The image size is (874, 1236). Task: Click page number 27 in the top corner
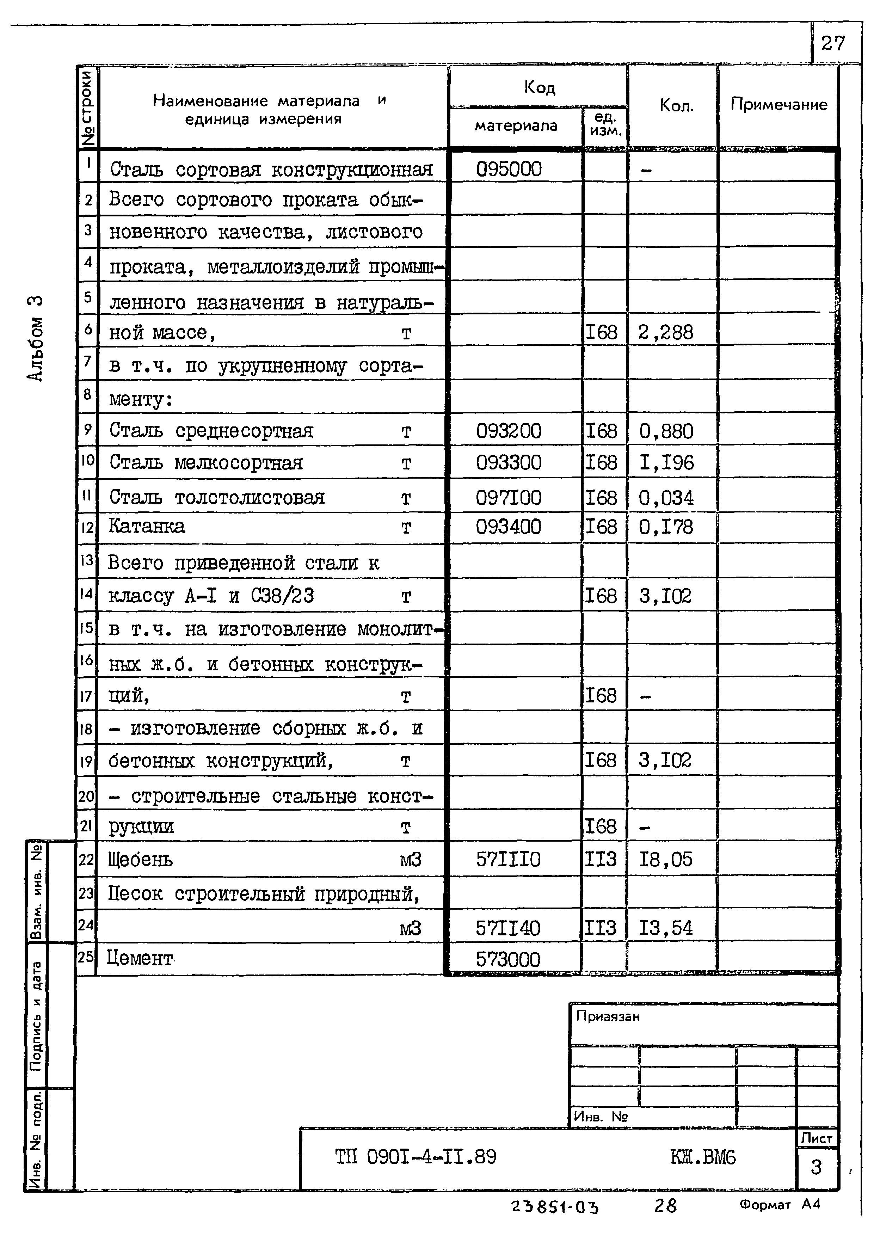tap(832, 43)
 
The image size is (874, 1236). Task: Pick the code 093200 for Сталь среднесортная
tap(509, 431)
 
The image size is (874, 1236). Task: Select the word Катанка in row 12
tap(146, 526)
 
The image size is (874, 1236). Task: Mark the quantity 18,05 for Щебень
tap(666, 859)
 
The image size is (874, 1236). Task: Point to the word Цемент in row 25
tap(140, 958)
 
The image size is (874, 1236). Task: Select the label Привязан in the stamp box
tap(608, 1016)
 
